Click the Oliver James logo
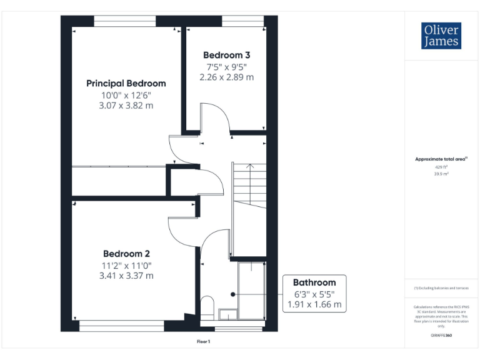coord(441,36)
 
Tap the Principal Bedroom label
coord(126,83)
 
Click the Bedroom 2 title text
coord(126,254)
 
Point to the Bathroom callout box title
coord(314,282)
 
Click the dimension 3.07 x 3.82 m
coord(126,106)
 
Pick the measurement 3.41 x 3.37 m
coord(126,275)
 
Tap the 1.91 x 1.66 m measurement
coord(314,304)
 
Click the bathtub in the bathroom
coord(252,291)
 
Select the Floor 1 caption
coord(204,342)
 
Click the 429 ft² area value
coord(441,167)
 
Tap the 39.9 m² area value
coord(441,174)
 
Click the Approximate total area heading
coord(441,159)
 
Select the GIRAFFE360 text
coord(441,336)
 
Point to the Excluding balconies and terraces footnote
coord(441,288)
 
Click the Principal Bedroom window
coord(124,21)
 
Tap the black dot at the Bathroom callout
coord(232,294)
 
